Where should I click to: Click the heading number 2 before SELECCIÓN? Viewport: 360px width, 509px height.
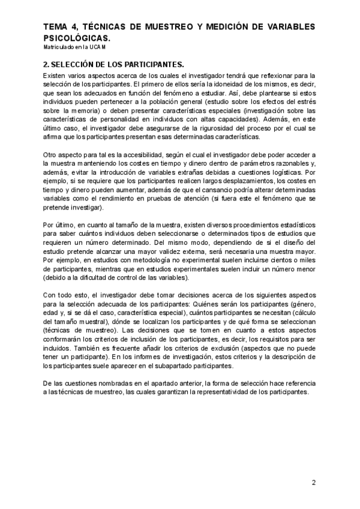pyautogui.click(x=46, y=64)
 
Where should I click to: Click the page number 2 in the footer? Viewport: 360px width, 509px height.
pyautogui.click(x=313, y=483)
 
